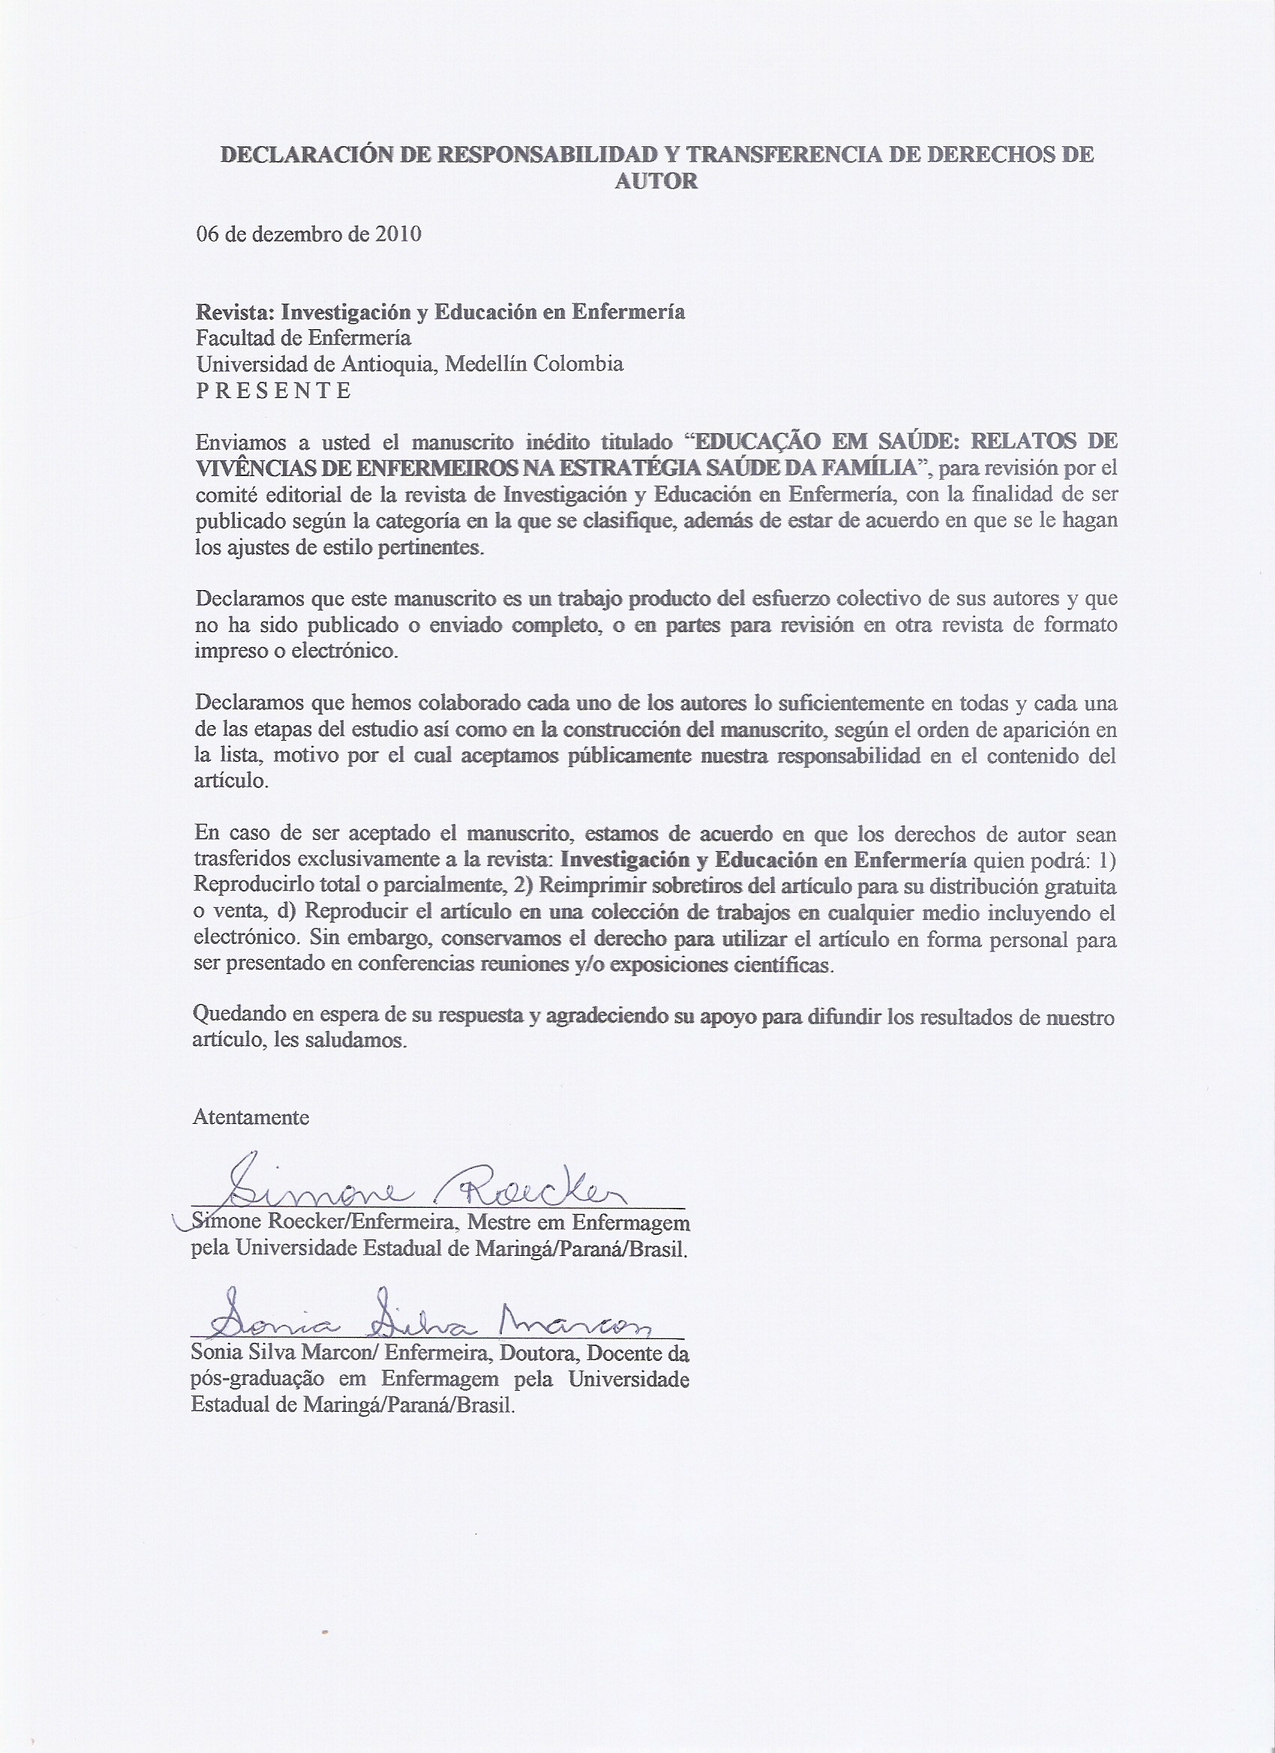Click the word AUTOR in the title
(656, 181)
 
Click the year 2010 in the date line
(398, 234)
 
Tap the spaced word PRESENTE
(274, 391)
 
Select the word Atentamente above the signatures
(250, 1118)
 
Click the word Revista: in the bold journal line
(234, 311)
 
